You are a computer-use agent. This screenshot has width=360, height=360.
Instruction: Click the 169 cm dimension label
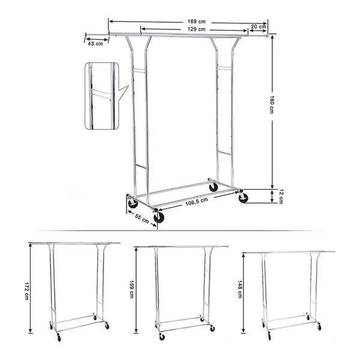pos(197,22)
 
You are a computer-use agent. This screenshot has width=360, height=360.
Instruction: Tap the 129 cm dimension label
pos(196,29)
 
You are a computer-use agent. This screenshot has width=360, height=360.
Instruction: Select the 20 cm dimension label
pos(258,26)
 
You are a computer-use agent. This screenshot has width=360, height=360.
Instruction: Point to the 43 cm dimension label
pos(95,43)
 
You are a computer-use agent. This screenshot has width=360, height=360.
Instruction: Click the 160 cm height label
pos(272,104)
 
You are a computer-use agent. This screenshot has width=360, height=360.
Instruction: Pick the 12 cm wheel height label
pos(281,196)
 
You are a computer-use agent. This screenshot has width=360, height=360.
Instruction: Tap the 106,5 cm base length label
pos(197,202)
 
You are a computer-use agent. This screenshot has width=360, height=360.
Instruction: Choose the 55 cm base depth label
pos(142,218)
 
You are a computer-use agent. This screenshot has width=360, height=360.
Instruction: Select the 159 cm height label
pos(131,289)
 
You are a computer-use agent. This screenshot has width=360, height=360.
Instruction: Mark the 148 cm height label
pos(239,289)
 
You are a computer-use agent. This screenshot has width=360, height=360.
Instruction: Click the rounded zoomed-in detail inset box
pos(102,96)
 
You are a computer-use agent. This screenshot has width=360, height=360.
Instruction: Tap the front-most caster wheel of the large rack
pos(158,217)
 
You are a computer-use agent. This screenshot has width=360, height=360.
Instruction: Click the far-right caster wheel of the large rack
pos(243,197)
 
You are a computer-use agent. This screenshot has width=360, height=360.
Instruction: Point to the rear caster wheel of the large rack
pos(214,187)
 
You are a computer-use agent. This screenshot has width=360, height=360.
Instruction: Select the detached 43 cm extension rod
pos(97,34)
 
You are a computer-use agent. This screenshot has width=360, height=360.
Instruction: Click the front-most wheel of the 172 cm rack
pos(59,338)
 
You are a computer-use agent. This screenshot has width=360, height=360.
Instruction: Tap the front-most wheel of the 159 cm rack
pos(162,337)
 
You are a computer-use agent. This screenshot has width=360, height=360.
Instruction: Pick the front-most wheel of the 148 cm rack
pos(269,337)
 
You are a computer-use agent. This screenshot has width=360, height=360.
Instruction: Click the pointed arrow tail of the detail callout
pos(128,86)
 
